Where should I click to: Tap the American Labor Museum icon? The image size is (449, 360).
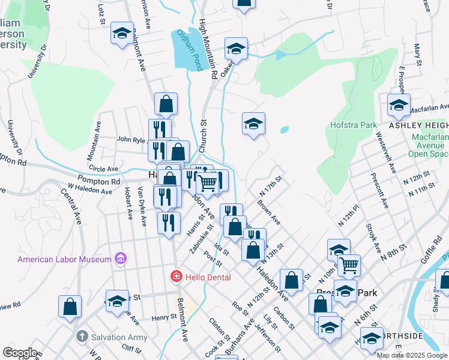coord(121,259)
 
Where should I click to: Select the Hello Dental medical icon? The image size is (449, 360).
coord(176,277)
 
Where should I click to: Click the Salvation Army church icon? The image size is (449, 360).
coord(82,337)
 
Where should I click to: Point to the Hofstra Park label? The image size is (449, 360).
coord(353,125)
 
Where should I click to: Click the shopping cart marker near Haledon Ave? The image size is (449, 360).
coord(208,183)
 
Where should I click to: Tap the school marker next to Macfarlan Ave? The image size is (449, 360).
coord(399,107)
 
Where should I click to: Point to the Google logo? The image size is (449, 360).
coord(20,353)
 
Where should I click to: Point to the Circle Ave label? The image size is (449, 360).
coord(103,169)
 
